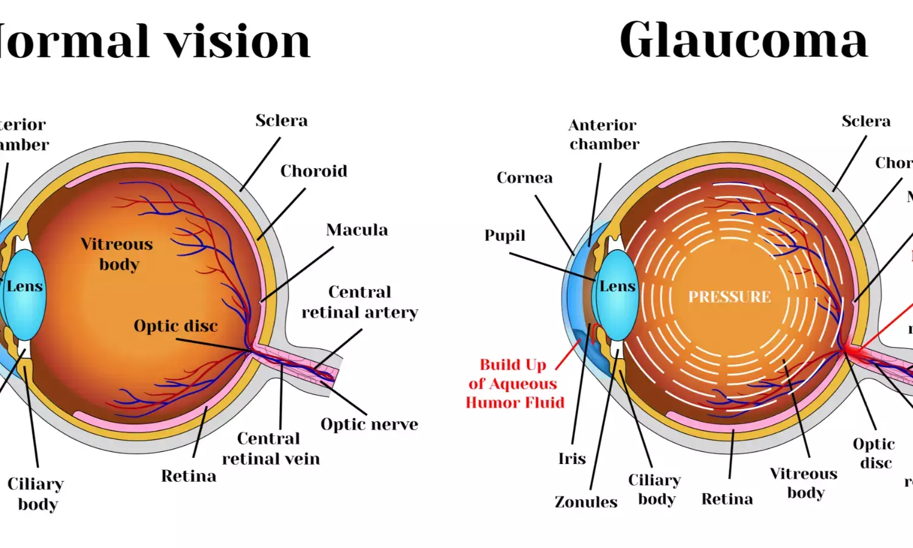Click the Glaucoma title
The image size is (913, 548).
(x=743, y=41)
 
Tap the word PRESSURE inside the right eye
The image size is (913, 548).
(x=729, y=297)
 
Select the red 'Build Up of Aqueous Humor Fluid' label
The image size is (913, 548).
(x=514, y=384)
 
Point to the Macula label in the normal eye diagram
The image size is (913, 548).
(x=357, y=230)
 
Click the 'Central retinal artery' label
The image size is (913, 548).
(x=360, y=302)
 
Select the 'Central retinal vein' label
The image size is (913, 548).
(x=270, y=449)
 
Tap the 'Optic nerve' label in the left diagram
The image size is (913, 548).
(x=369, y=424)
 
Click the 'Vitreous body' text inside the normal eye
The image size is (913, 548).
(x=117, y=254)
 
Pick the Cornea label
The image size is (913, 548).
(x=524, y=178)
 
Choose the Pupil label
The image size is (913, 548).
(x=505, y=236)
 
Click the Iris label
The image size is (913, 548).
(x=572, y=458)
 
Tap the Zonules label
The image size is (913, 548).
(x=586, y=502)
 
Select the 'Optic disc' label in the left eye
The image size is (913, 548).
(x=175, y=326)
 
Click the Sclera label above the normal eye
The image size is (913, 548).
(x=281, y=121)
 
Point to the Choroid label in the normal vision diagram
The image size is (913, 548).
(x=313, y=171)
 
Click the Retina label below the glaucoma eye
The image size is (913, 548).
(x=727, y=499)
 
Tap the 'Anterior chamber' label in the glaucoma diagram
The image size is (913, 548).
(x=604, y=135)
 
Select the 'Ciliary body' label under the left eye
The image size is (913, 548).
(x=36, y=494)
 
